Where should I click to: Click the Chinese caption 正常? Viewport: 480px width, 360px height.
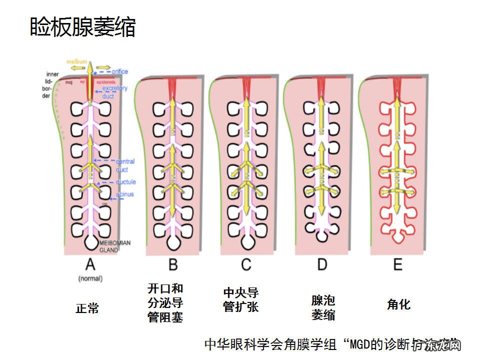[x=87, y=308]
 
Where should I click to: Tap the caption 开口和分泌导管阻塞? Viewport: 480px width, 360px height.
[x=165, y=302]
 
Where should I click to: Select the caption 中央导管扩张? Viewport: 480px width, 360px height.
[x=241, y=299]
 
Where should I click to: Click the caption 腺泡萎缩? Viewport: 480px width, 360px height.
[x=323, y=307]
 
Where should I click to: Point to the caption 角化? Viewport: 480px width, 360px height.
[x=398, y=304]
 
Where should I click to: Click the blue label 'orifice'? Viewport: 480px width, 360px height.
[x=119, y=71]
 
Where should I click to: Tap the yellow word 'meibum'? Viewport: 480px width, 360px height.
[x=77, y=61]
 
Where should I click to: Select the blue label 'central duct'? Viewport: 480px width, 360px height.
[x=124, y=165]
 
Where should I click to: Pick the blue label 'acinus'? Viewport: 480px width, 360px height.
[x=124, y=194]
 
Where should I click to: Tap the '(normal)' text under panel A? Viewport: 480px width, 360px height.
[x=90, y=277]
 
